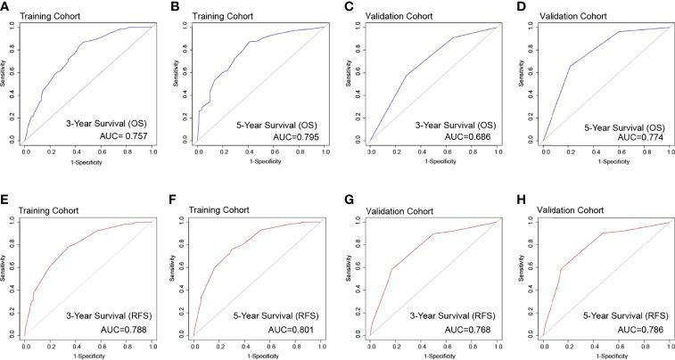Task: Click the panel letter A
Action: click(x=5, y=6)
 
